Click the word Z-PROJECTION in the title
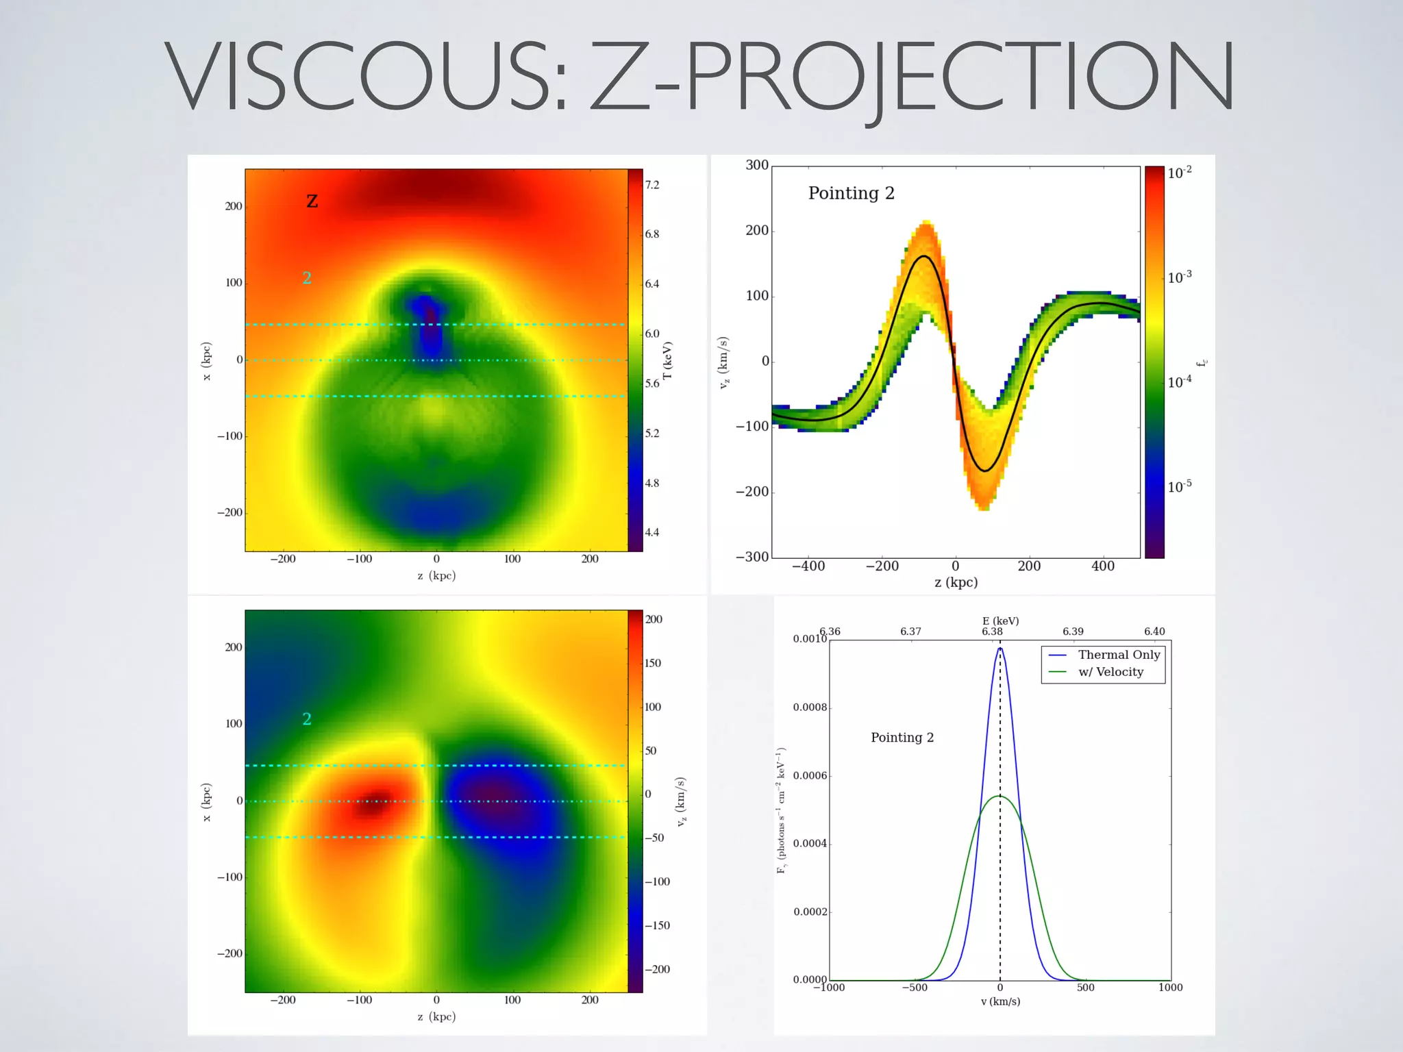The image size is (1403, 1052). (911, 77)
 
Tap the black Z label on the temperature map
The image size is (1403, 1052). (312, 201)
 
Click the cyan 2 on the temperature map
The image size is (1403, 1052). (307, 277)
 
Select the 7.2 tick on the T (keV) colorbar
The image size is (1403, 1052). (652, 185)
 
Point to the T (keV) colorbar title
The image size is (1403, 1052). (668, 360)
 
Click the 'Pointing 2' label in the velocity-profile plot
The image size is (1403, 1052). (851, 193)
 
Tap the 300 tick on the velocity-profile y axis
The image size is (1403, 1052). (757, 165)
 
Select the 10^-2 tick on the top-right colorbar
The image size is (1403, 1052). (1179, 173)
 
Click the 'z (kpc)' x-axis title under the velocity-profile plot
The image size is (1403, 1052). (956, 582)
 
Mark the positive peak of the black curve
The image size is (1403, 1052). (924, 256)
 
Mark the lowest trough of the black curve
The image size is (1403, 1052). (985, 471)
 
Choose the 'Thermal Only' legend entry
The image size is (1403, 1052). (1119, 655)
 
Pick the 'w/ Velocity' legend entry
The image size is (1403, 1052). (1110, 672)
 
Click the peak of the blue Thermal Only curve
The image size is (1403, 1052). (1000, 648)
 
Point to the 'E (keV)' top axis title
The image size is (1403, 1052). (1000, 621)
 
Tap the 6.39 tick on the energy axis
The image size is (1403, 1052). (1073, 631)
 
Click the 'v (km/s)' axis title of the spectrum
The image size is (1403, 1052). (1000, 1001)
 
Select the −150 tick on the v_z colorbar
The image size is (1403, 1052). (657, 925)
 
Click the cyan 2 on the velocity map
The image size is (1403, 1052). (307, 718)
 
